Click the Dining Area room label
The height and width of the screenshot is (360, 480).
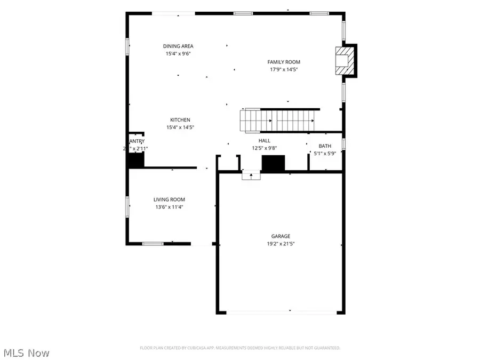point(178,46)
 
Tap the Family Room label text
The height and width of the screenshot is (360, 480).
point(284,62)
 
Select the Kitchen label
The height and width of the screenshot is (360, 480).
point(180,120)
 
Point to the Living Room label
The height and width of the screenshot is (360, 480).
point(170,199)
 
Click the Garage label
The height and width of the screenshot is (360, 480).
point(280,236)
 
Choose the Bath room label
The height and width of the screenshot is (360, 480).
point(324,146)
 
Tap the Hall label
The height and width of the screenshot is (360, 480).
point(265,141)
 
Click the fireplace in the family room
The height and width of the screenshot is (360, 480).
point(344,59)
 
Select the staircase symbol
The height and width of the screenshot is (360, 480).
point(279,119)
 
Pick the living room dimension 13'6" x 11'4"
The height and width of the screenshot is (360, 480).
point(170,207)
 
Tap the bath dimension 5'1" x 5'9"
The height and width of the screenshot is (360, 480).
point(324,154)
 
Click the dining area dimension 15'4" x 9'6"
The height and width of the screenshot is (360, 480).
point(178,53)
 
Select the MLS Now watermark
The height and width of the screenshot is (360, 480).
point(27,353)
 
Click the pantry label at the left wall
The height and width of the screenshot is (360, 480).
point(137,141)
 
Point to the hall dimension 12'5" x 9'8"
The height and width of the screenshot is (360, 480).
point(265,148)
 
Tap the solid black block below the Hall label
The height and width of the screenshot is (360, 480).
point(274,163)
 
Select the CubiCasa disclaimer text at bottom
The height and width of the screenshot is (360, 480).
point(239,348)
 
